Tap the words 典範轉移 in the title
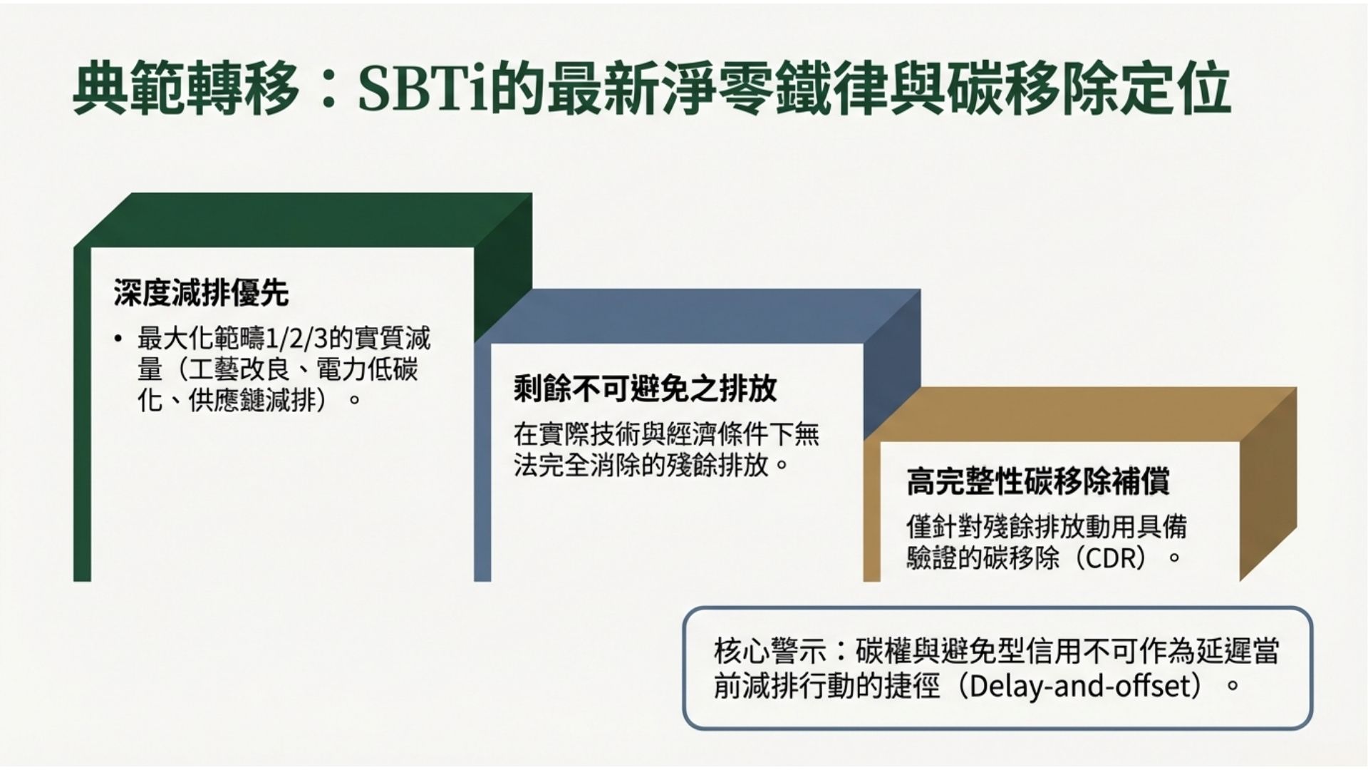tap(185, 90)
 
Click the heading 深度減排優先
tap(201, 293)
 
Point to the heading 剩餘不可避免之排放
tap(645, 389)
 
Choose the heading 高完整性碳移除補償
tap(1038, 481)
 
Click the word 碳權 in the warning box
tap(880, 652)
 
